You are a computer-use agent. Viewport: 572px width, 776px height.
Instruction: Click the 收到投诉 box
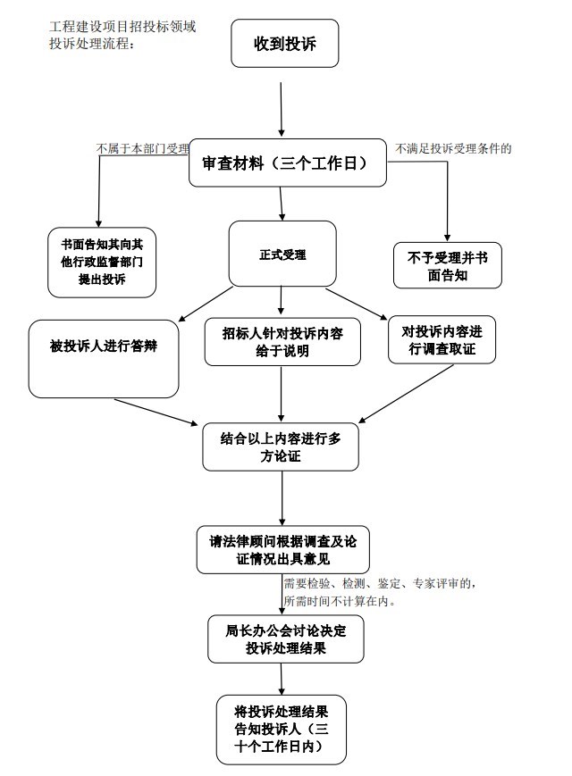(285, 44)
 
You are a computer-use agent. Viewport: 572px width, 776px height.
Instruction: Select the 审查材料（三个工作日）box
(288, 164)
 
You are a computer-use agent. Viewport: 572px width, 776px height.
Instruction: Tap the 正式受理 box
(282, 254)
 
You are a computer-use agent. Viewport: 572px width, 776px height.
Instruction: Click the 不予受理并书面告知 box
(447, 265)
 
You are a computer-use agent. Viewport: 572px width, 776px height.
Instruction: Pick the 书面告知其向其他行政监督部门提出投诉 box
(102, 261)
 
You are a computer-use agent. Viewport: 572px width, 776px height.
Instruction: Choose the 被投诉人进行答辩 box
(104, 358)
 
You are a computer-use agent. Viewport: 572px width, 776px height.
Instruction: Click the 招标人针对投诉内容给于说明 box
(282, 342)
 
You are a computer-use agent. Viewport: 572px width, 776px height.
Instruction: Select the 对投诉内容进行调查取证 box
(442, 339)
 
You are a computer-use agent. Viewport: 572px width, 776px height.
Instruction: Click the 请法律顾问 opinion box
(282, 550)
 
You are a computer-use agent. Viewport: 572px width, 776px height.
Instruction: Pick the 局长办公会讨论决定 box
(285, 638)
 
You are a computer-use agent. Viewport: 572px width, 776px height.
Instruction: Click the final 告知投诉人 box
(282, 729)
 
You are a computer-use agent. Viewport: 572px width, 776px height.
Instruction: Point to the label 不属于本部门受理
(143, 148)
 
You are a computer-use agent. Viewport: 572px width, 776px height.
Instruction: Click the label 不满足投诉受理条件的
(454, 148)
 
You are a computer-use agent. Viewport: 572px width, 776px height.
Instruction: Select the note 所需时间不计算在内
(340, 601)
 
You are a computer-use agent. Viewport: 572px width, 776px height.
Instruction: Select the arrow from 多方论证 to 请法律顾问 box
(282, 498)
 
